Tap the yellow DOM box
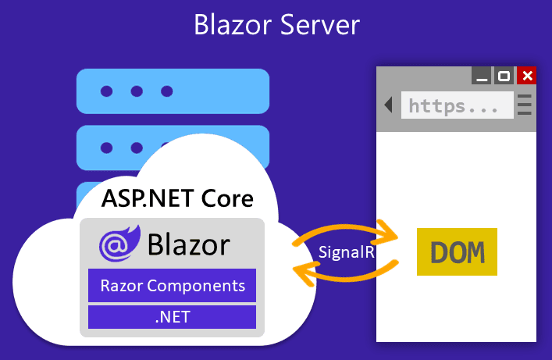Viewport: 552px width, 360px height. click(457, 252)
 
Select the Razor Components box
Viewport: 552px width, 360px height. click(172, 286)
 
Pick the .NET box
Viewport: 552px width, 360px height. click(172, 317)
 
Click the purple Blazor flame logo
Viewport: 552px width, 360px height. click(119, 244)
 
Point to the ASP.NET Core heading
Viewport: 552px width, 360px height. click(177, 198)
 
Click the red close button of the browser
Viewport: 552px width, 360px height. click(528, 76)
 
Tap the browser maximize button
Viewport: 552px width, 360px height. click(504, 76)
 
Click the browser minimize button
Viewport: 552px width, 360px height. click(482, 76)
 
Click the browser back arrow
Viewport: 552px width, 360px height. click(388, 105)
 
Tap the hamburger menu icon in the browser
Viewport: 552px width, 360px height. click(525, 105)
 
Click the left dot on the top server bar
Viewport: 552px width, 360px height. click(106, 91)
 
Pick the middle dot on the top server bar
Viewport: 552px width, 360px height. click(137, 91)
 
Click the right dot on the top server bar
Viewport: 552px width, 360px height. click(166, 91)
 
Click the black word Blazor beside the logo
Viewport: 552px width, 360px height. click(188, 244)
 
